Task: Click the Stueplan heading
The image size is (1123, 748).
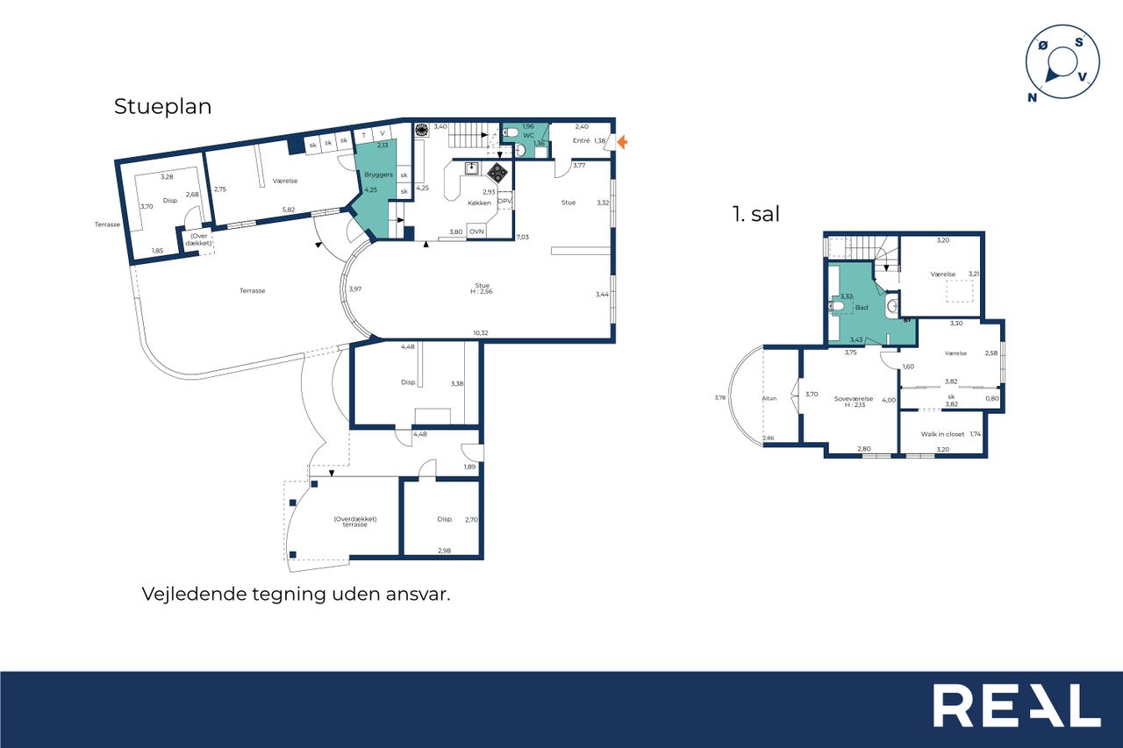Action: [x=162, y=107]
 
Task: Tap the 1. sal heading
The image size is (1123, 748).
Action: [x=756, y=214]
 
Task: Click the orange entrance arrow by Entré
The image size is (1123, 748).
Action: [x=622, y=142]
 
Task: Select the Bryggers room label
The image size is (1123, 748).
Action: [x=378, y=175]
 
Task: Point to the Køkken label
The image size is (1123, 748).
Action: [x=479, y=203]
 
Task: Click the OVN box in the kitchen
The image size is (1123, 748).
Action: [x=476, y=232]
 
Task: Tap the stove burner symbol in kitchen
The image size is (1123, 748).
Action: [x=497, y=173]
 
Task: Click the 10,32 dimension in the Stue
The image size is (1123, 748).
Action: [x=480, y=332]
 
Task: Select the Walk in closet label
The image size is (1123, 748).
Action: [x=942, y=434]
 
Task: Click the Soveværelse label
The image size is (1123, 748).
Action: [x=854, y=399]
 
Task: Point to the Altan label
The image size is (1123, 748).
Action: [x=769, y=398]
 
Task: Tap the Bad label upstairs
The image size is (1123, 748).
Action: [x=862, y=308]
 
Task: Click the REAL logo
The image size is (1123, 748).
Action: [x=1017, y=705]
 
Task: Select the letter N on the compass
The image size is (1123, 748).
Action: [x=1032, y=97]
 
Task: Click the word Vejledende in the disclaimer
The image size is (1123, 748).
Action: [x=195, y=595]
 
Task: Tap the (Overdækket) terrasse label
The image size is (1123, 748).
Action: [x=355, y=522]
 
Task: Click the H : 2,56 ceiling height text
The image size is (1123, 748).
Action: [x=482, y=292]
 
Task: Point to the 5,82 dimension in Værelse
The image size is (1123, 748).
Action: [x=289, y=210]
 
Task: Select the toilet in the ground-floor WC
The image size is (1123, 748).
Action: [x=511, y=132]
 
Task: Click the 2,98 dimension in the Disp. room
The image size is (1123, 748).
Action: [x=444, y=551]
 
